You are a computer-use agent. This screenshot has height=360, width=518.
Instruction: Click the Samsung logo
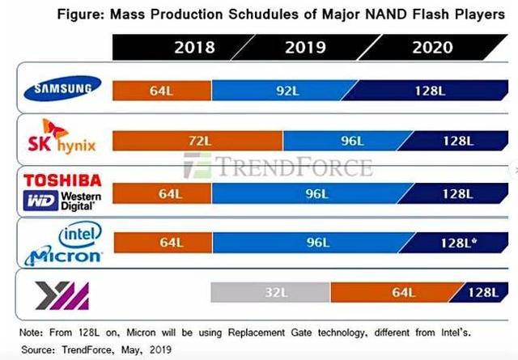coord(62,88)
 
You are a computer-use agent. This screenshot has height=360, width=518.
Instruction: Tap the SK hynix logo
coord(62,137)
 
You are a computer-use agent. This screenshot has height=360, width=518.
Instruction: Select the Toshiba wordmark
coord(62,180)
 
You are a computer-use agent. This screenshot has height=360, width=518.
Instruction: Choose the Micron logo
coord(63,256)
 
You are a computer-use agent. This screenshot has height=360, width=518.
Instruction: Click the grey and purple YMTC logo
coord(62,295)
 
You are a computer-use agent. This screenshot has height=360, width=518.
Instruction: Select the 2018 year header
coord(194,48)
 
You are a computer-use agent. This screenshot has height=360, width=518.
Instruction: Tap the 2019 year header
coord(305,48)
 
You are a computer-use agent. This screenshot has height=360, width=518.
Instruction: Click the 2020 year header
coord(432,48)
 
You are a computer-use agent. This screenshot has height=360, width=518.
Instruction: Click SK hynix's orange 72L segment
coord(197,141)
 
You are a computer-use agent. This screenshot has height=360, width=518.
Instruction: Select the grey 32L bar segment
coord(270,292)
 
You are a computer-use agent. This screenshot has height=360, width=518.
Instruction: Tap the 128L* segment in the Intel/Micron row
coord(456,243)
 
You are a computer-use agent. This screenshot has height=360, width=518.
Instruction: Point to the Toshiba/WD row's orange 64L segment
coord(162,193)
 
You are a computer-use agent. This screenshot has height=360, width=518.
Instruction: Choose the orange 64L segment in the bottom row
coord(395,292)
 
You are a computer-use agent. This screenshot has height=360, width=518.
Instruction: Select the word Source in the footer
coord(38,349)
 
